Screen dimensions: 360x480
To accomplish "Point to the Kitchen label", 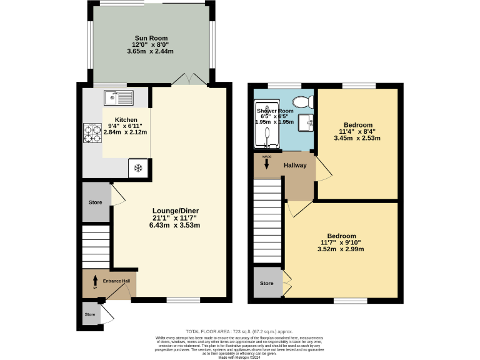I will tap(126, 120).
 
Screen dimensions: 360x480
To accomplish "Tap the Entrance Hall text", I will tap(116, 281).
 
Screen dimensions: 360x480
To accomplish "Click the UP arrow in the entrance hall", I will tap(95, 281).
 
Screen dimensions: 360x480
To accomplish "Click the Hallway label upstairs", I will tap(296, 166).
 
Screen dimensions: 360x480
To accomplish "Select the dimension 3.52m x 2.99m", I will tap(341, 249).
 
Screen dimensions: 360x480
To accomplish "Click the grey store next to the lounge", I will tap(95, 202).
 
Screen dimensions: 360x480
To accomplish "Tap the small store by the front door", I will tap(91, 314).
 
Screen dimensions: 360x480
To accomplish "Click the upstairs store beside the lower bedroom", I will tap(267, 284).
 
